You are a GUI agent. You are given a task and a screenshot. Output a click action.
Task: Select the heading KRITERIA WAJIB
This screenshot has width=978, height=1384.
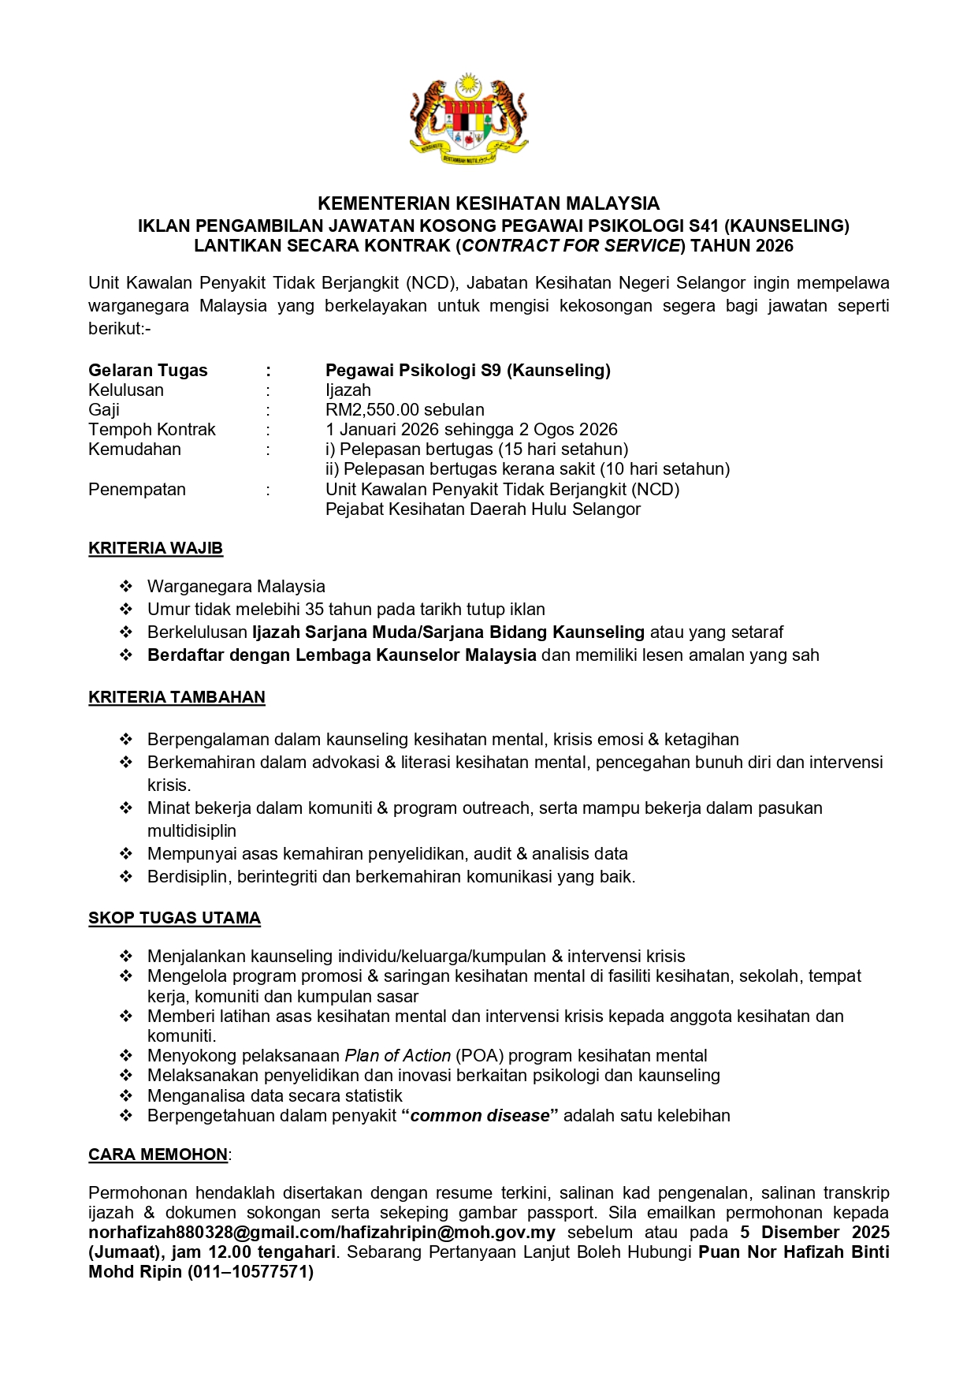[x=155, y=548]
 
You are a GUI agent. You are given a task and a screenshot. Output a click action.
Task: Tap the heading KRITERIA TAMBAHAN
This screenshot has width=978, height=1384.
[x=177, y=697]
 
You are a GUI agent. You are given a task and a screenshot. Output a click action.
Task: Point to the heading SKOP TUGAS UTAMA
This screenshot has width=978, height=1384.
[x=174, y=918]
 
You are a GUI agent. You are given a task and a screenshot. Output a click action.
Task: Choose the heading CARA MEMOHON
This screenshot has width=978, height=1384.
[x=158, y=1155]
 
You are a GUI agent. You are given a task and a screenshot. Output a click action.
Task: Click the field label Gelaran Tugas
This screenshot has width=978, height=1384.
[x=148, y=371]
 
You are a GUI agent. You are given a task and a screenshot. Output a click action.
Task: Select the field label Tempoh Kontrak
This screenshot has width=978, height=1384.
[x=152, y=430]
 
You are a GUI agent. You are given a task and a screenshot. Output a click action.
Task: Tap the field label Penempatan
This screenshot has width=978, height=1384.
[x=137, y=490]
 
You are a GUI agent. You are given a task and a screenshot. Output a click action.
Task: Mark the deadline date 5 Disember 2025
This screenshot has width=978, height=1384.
[x=815, y=1233]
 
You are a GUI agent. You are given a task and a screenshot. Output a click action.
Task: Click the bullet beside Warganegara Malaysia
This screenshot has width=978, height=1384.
[x=126, y=587]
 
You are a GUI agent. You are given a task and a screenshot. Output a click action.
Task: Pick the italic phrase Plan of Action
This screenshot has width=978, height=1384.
[x=397, y=1056]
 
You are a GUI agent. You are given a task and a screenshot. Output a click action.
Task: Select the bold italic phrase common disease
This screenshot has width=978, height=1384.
[x=480, y=1116]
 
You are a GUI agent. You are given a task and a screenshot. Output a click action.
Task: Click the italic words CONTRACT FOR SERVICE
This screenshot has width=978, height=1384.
[x=571, y=246]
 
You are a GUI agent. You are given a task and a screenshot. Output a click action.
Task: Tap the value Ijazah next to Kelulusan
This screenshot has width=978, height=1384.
[x=348, y=390]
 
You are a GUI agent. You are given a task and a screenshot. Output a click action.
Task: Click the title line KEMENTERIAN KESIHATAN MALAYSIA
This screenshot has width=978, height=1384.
[x=489, y=203]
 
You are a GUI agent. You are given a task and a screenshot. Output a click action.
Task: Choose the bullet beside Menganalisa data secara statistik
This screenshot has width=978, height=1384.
[x=126, y=1096]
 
